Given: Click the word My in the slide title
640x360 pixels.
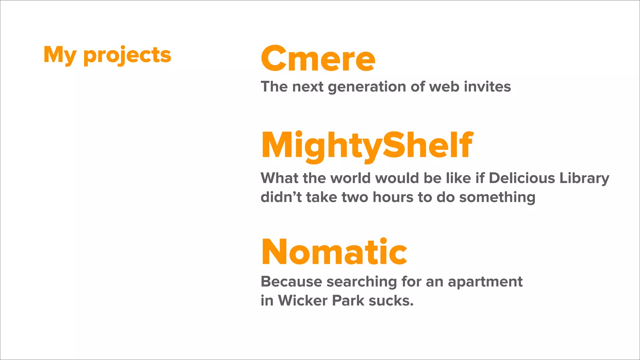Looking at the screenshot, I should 60,55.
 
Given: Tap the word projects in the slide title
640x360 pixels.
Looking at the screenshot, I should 127,55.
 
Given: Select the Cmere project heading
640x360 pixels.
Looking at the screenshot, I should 318,58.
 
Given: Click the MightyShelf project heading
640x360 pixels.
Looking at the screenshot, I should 367,146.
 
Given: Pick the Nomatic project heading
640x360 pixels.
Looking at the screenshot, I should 334,252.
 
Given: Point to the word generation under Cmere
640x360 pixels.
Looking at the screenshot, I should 367,87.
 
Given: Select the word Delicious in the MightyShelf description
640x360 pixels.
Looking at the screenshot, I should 522,178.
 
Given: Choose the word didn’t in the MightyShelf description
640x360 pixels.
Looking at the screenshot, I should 281,197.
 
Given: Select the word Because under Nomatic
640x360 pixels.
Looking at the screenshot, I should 291,282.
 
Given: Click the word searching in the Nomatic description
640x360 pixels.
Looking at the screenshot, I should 362,282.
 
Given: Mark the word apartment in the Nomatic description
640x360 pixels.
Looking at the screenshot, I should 485,282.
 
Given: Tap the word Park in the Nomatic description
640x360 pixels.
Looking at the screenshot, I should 348,301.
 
